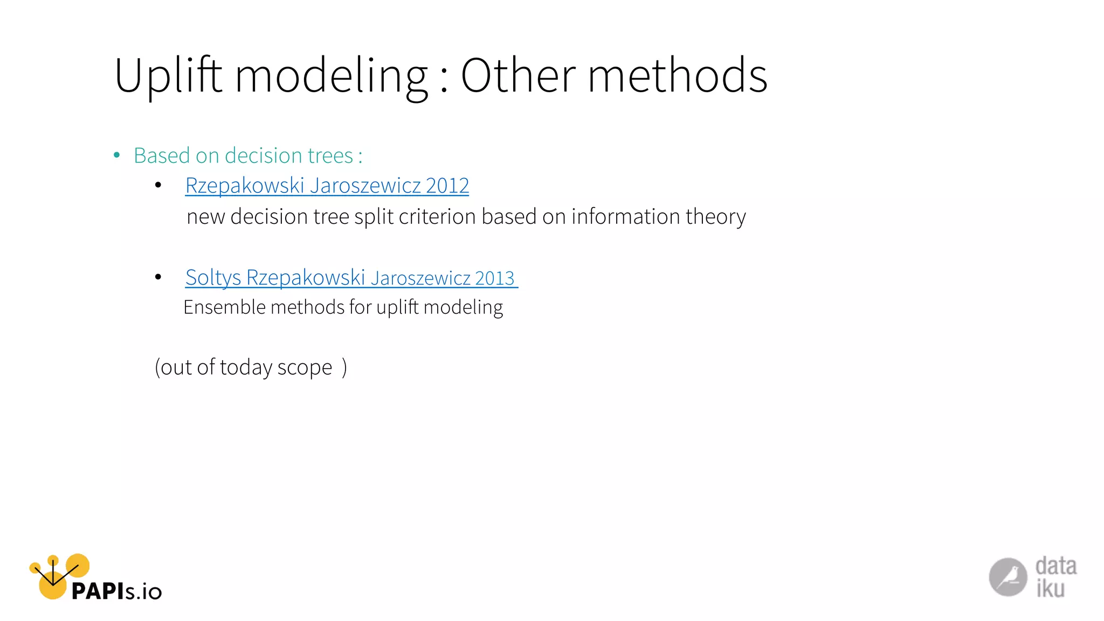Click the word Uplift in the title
tap(168, 76)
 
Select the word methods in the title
tap(677, 76)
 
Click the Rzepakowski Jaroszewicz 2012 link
tap(327, 185)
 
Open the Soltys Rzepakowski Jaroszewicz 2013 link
tap(350, 278)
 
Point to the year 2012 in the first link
tap(447, 185)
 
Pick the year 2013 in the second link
tap(495, 278)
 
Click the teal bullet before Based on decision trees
tap(117, 155)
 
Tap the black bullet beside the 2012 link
tap(158, 185)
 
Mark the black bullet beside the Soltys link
tap(158, 277)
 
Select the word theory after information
tap(715, 217)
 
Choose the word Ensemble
tap(224, 307)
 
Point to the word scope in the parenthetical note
tap(305, 368)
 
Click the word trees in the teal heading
tap(330, 156)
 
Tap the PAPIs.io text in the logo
tap(116, 591)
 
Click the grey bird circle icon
tap(1008, 577)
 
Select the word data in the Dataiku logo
tap(1055, 566)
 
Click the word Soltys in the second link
tap(213, 278)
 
